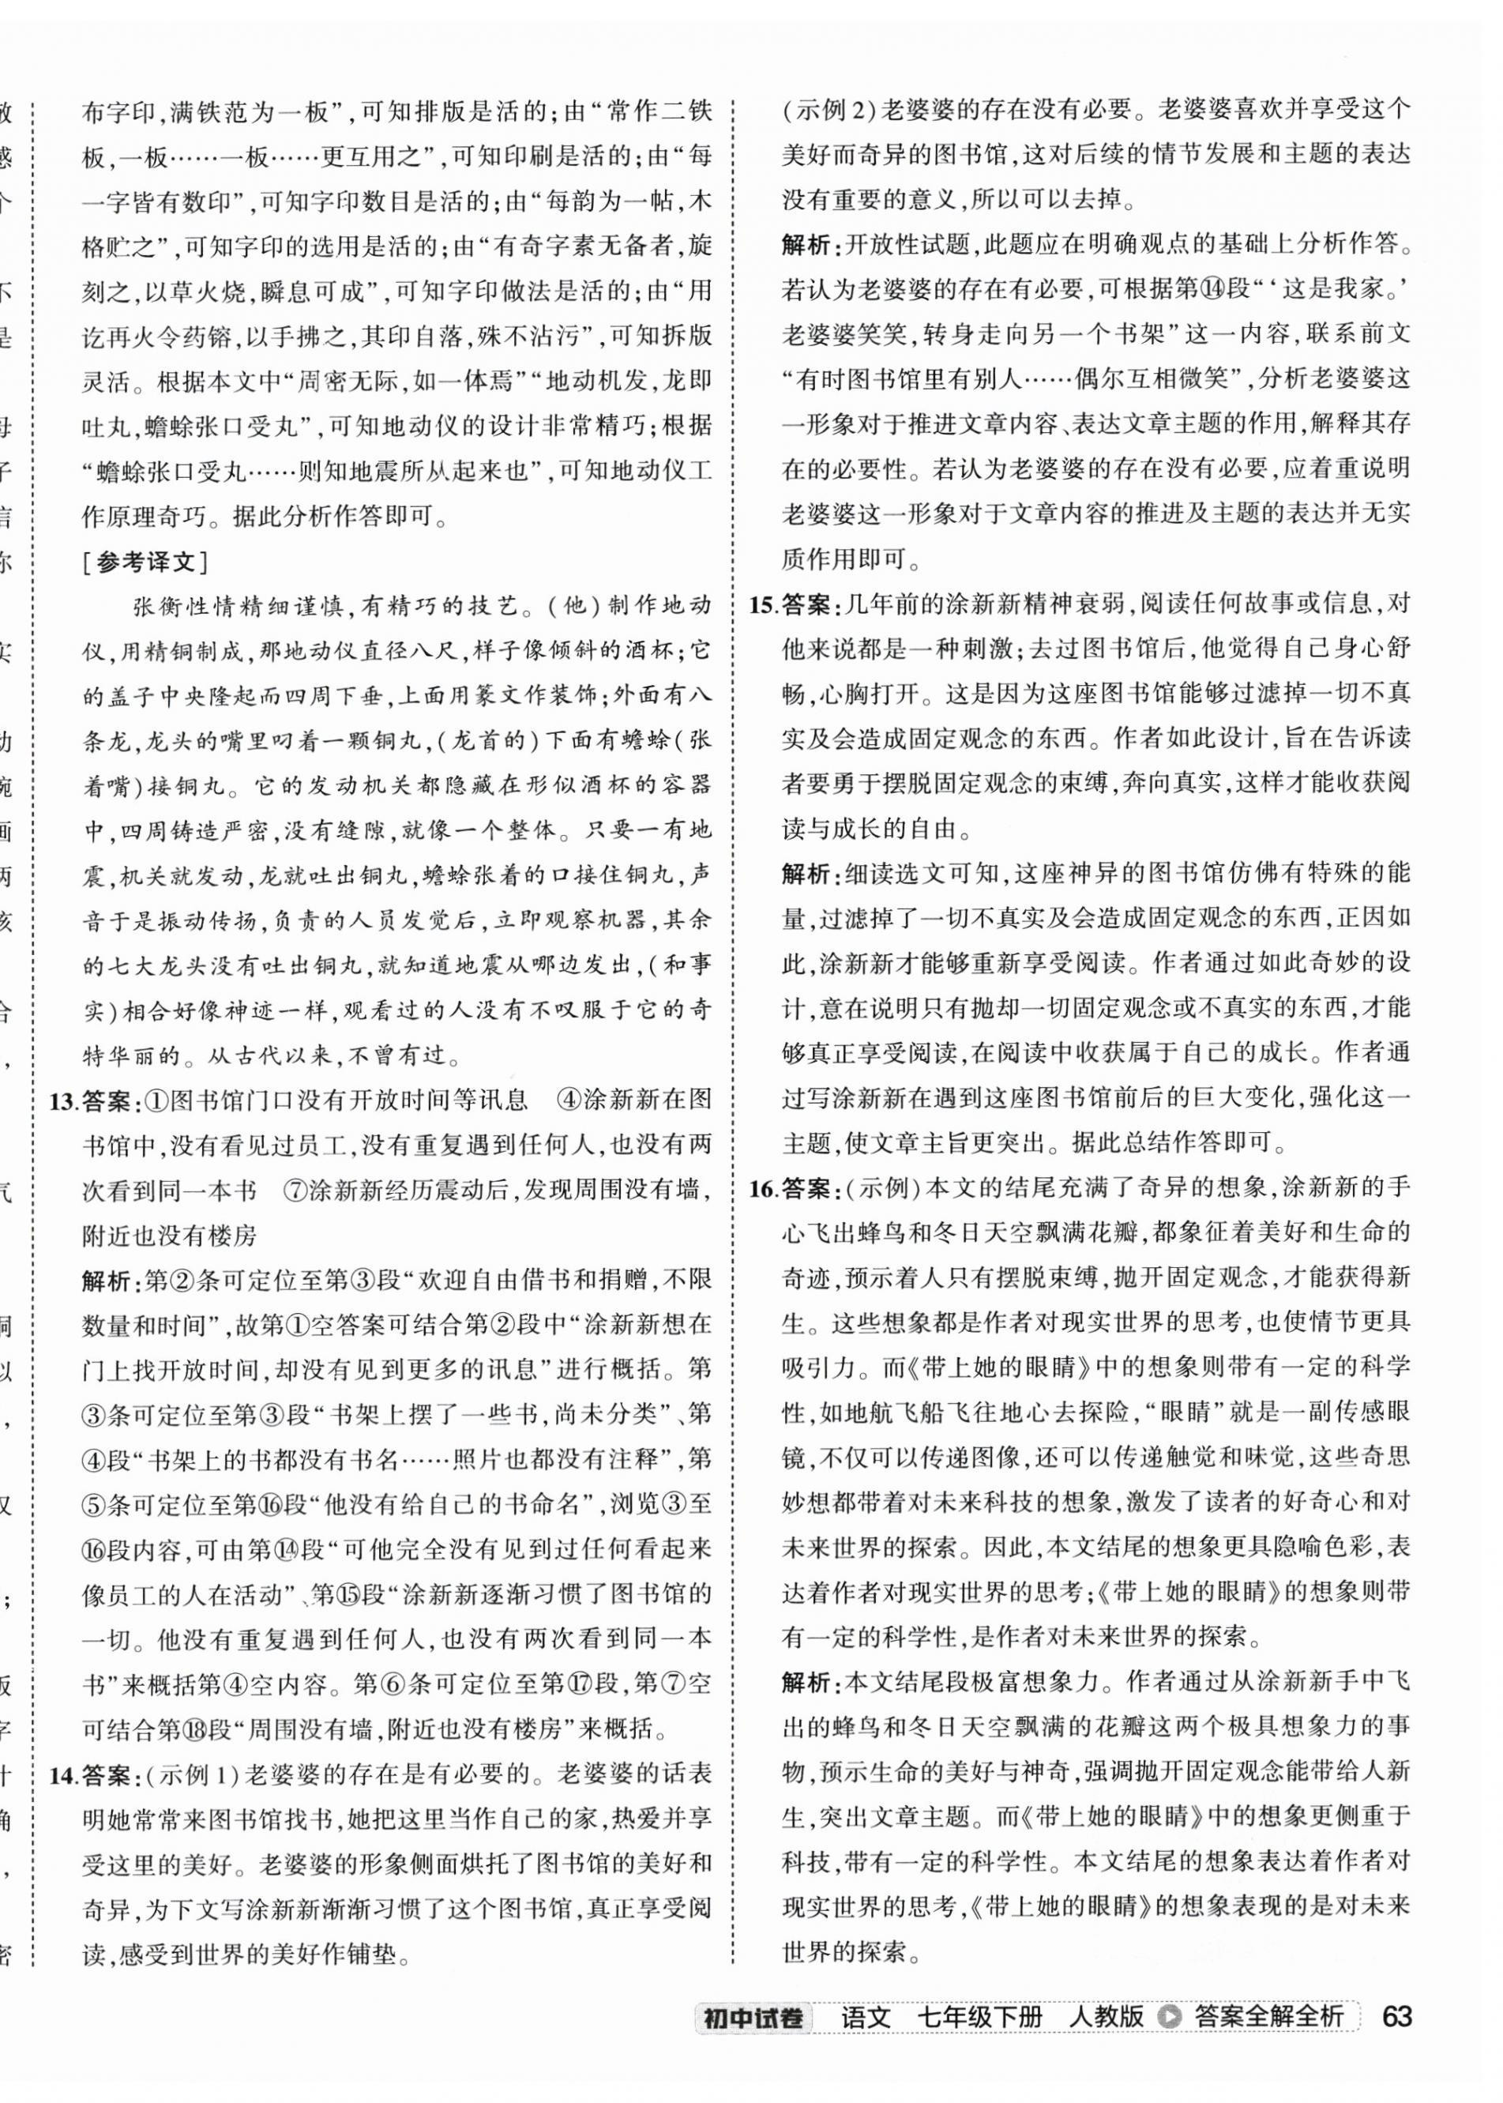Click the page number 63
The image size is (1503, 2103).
(x=1396, y=2015)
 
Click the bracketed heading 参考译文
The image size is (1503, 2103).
(x=145, y=562)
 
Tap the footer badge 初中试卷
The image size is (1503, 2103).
(x=753, y=2016)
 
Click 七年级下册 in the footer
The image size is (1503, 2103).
(x=979, y=2016)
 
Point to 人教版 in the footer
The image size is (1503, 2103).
(x=1105, y=2016)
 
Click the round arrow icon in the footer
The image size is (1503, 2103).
(x=1170, y=2016)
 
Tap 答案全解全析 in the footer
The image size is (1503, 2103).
(x=1268, y=2016)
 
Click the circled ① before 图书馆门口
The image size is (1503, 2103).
(x=157, y=1100)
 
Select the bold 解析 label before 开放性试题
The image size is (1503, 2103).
(x=807, y=245)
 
